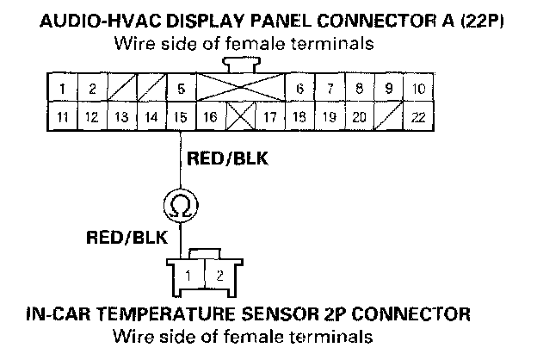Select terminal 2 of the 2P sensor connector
pos(219,276)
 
